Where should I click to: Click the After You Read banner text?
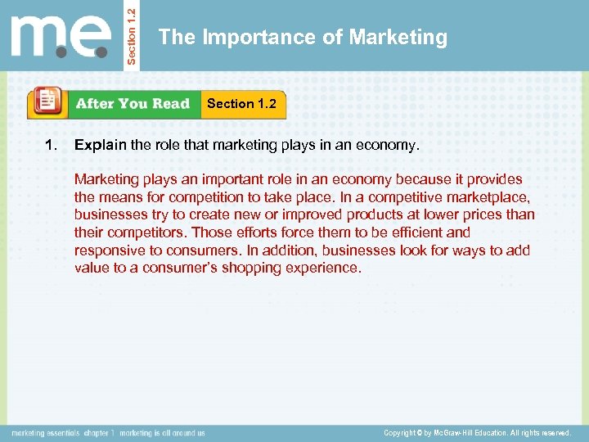pyautogui.click(x=133, y=104)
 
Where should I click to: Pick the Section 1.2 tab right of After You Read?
pyautogui.click(x=241, y=104)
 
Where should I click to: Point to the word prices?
pyautogui.click(x=475, y=214)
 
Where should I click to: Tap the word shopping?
pyautogui.click(x=254, y=268)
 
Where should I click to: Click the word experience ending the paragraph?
pyautogui.click(x=321, y=268)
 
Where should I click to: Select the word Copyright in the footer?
pyautogui.click(x=401, y=432)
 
